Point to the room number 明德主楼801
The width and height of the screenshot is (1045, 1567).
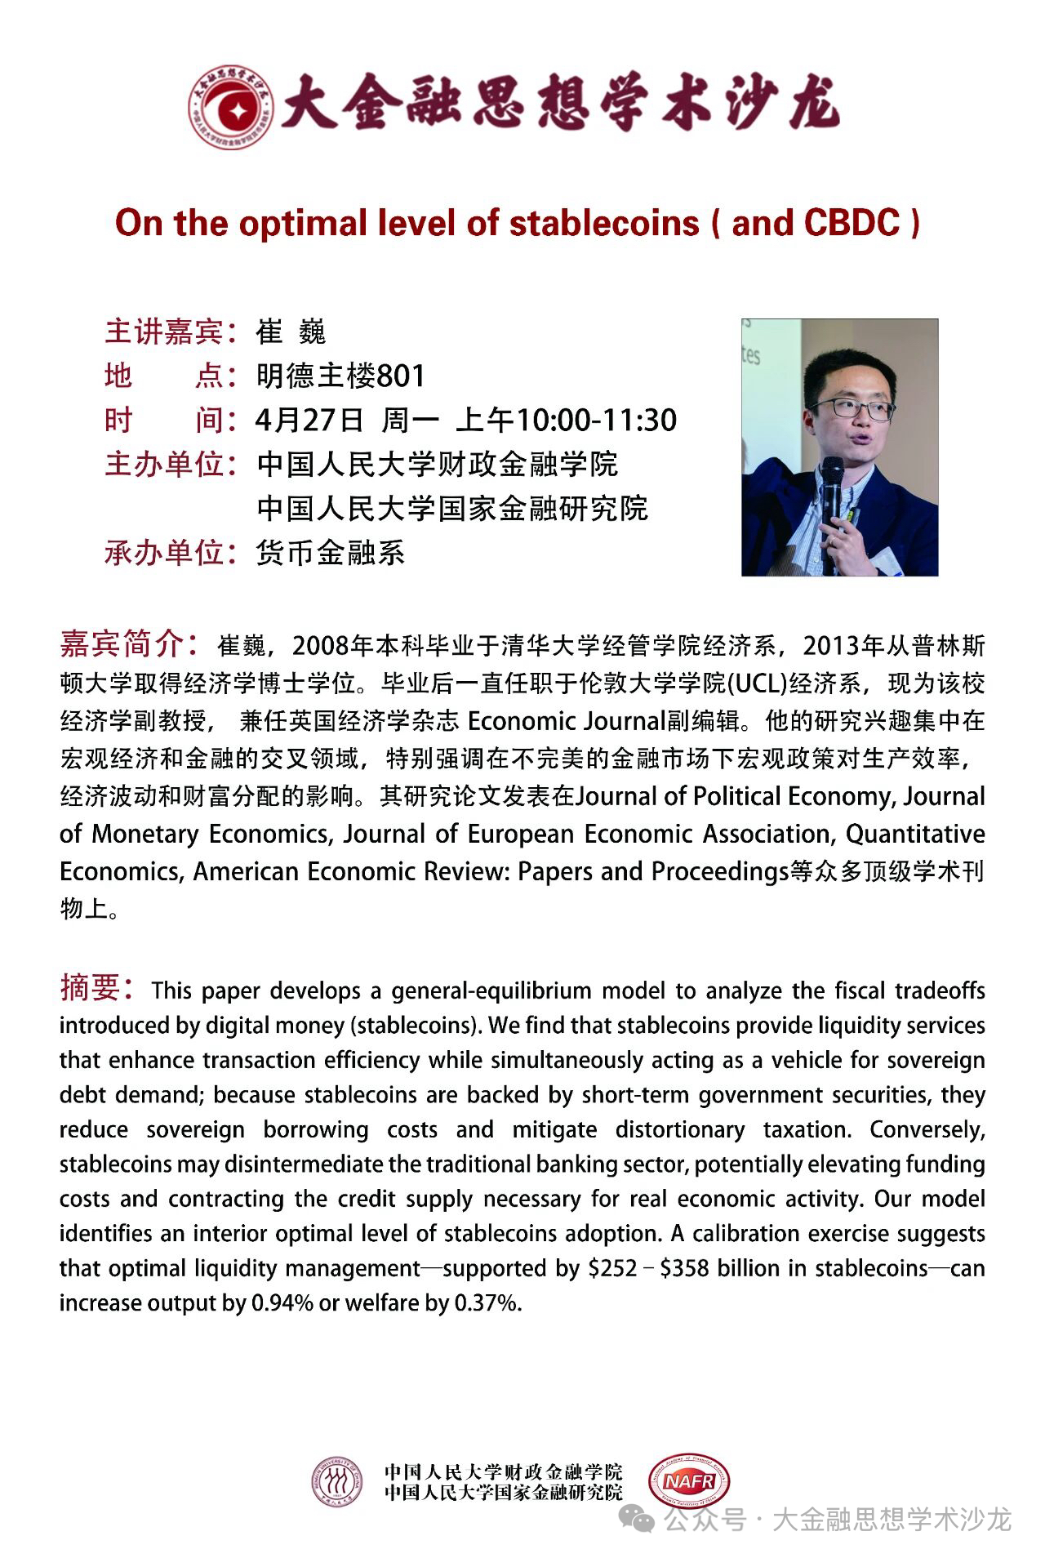coord(340,376)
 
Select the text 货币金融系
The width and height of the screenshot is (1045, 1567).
coord(331,553)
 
